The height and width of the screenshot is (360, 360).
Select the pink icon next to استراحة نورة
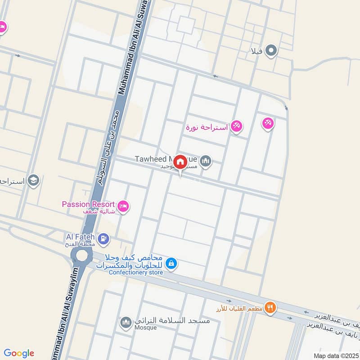tap(237, 127)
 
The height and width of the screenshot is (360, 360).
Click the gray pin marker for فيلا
tap(271, 51)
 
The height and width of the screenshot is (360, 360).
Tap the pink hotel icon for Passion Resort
tap(123, 207)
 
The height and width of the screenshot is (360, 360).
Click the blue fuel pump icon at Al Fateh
tap(103, 238)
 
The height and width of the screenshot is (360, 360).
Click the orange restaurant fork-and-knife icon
tap(270, 308)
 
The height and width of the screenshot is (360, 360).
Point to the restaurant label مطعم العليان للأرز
tap(238, 309)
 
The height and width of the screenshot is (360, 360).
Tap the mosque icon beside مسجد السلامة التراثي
tap(126, 322)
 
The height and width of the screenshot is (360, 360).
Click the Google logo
tap(19, 353)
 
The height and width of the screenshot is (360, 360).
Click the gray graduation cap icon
tap(33, 181)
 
